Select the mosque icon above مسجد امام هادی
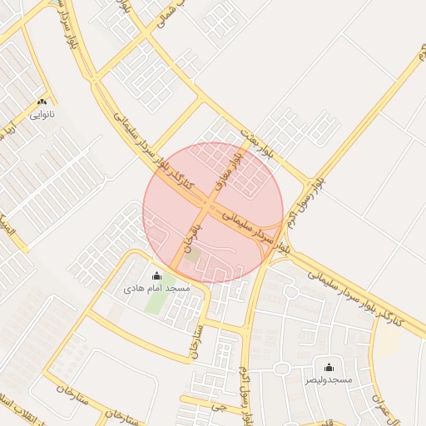coord(156,275)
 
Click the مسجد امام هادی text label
coord(156,288)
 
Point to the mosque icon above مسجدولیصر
coord(328,367)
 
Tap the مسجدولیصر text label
coord(328,379)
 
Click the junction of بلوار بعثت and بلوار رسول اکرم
coord(311,183)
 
